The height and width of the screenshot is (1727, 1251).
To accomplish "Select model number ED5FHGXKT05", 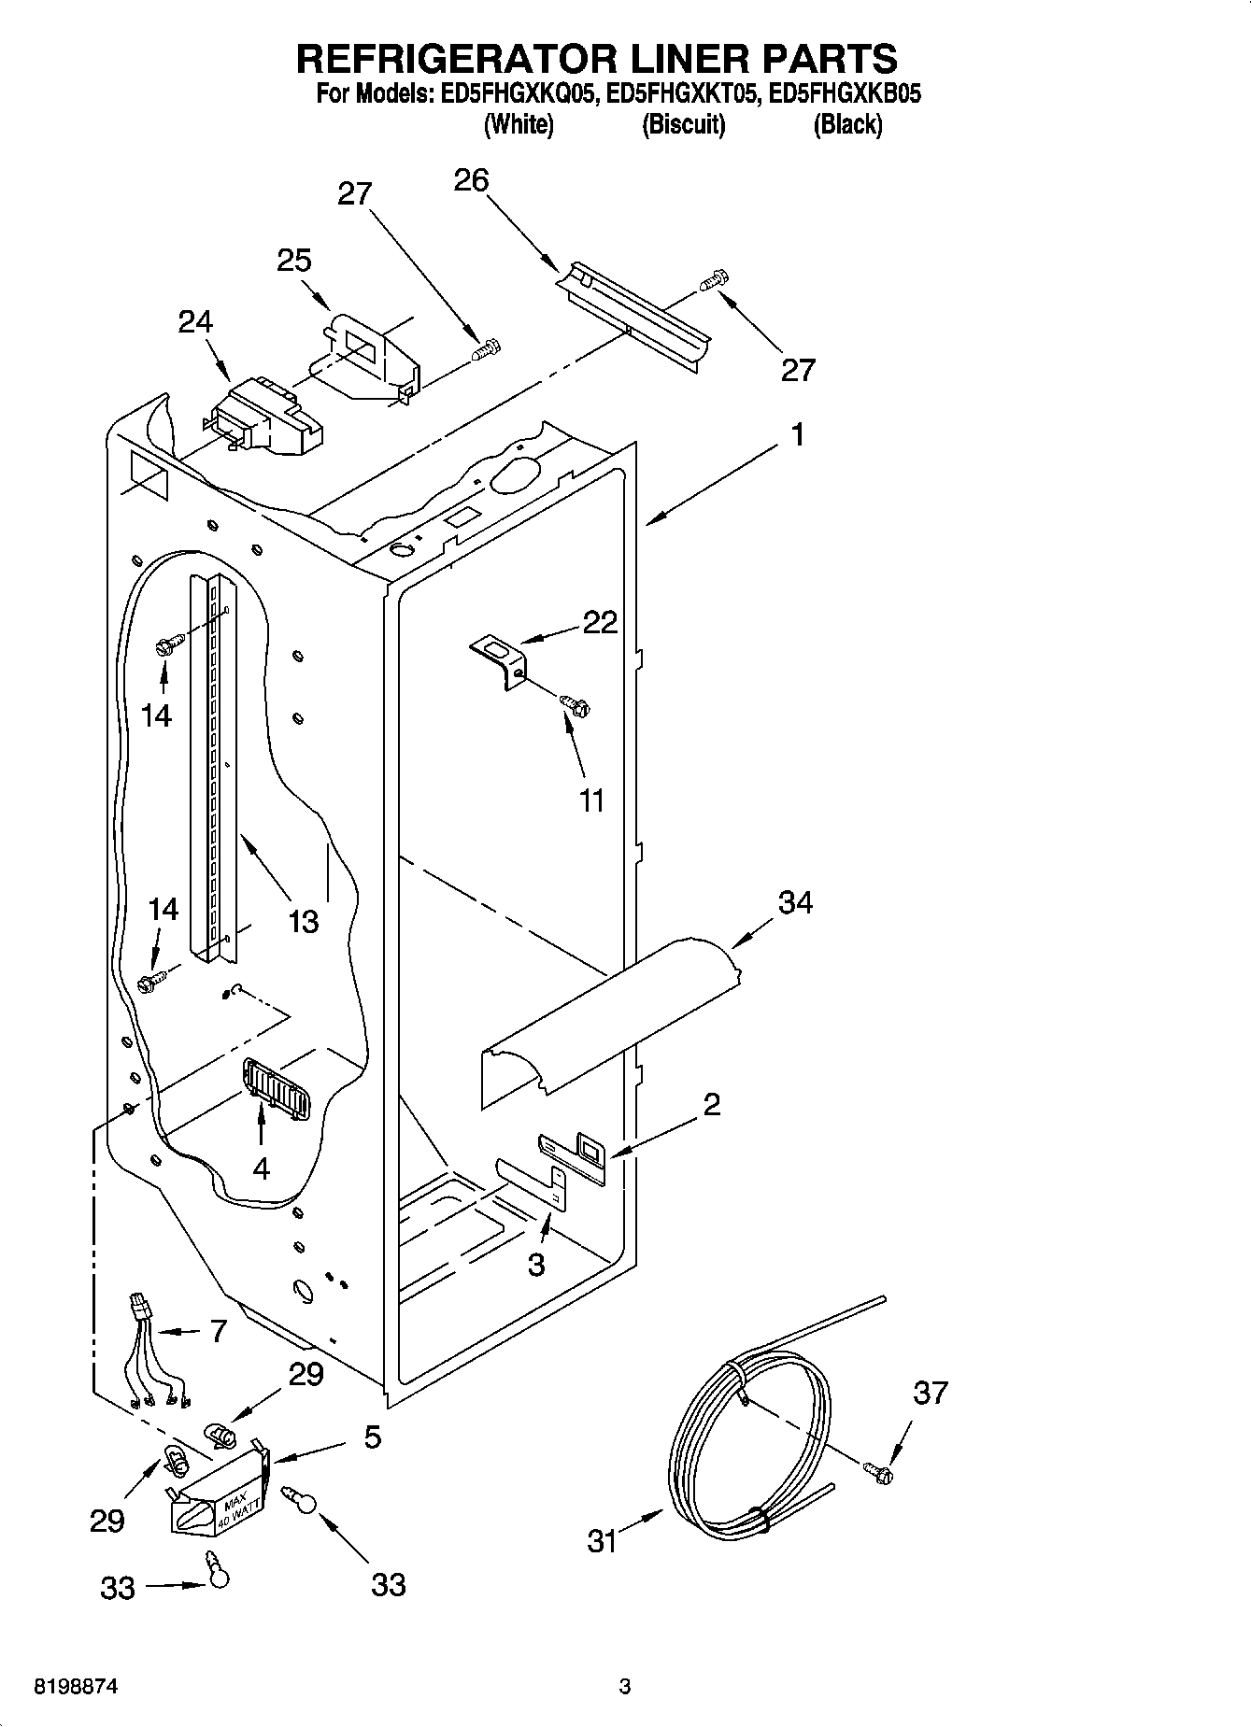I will pyautogui.click(x=679, y=93).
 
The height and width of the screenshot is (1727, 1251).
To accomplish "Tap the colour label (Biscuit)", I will pyautogui.click(x=683, y=124).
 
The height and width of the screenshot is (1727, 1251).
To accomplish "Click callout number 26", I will pyautogui.click(x=471, y=179).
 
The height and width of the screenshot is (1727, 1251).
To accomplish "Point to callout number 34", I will pyautogui.click(x=795, y=902).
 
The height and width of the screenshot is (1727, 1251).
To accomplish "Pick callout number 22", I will pyautogui.click(x=600, y=622).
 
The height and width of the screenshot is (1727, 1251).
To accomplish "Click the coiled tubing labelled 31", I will pyautogui.click(x=747, y=1438).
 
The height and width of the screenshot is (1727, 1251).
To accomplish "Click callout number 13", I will pyautogui.click(x=304, y=921).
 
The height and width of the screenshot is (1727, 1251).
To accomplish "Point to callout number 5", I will pyautogui.click(x=372, y=1437).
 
